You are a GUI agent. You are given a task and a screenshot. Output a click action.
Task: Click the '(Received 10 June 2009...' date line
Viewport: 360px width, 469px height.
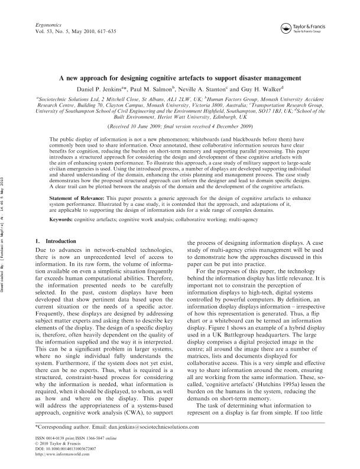(180, 127)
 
